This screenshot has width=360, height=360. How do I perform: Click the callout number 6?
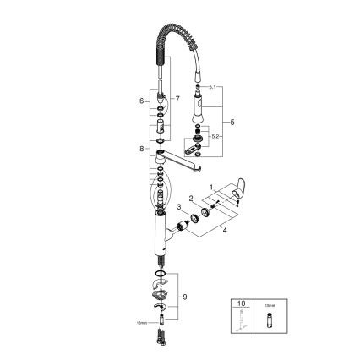(x=143, y=100)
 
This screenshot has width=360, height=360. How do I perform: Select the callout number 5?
(x=232, y=121)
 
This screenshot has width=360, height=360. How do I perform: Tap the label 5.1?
(x=214, y=88)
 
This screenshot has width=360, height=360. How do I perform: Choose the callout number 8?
(x=142, y=150)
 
